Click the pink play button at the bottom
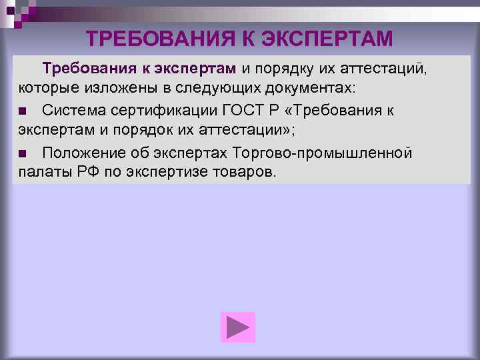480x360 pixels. (x=238, y=327)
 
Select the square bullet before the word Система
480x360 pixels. (x=22, y=111)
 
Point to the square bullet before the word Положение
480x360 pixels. (x=22, y=154)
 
